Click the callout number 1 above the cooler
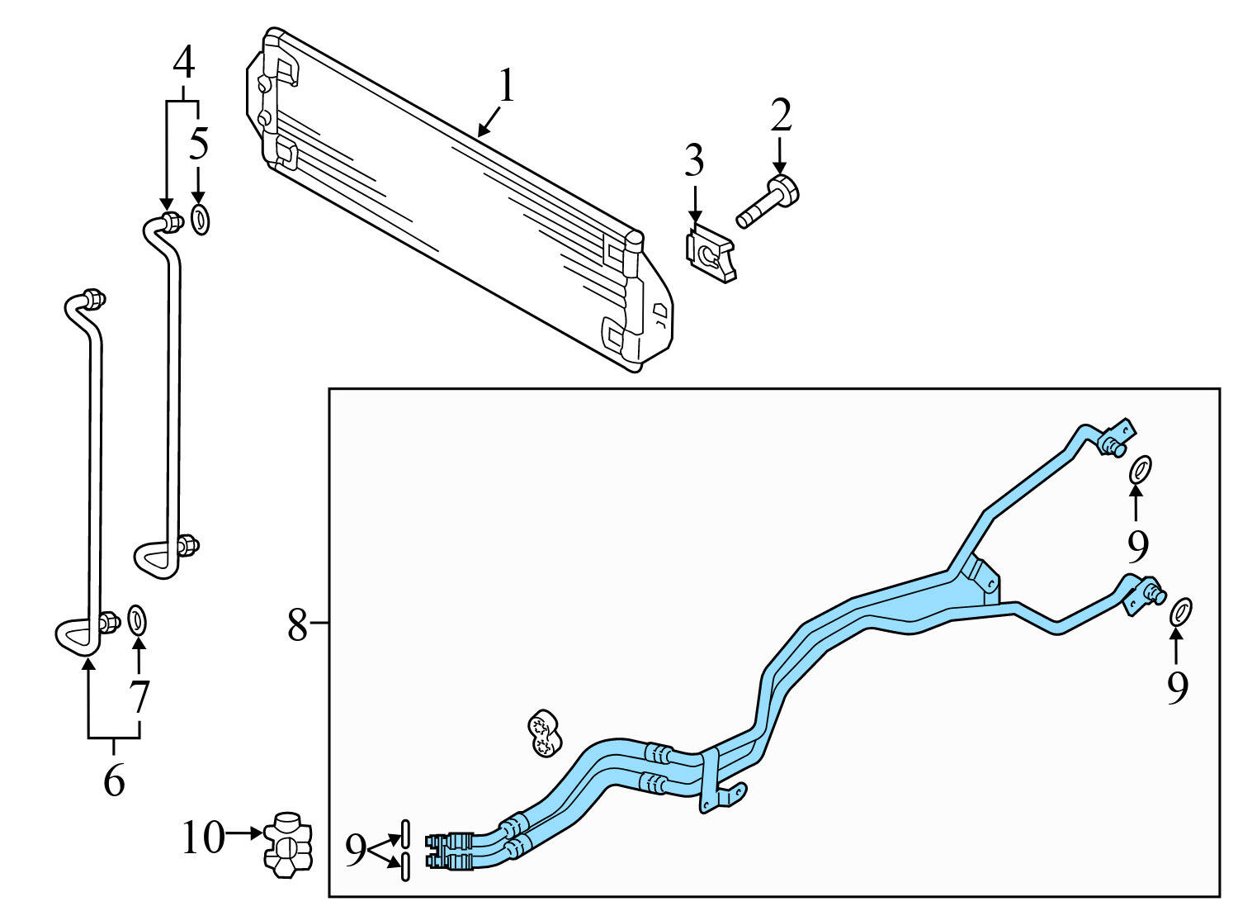[506, 87]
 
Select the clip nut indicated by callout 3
[711, 256]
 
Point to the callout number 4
[183, 62]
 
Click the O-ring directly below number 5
[200, 219]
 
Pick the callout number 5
[199, 144]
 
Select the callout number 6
[114, 779]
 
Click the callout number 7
[139, 697]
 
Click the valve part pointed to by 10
[288, 844]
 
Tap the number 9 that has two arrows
[355, 850]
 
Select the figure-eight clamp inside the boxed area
[544, 733]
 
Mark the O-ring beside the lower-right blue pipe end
[1181, 611]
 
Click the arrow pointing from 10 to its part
[244, 834]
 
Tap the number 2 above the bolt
[781, 116]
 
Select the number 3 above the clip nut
[694, 161]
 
